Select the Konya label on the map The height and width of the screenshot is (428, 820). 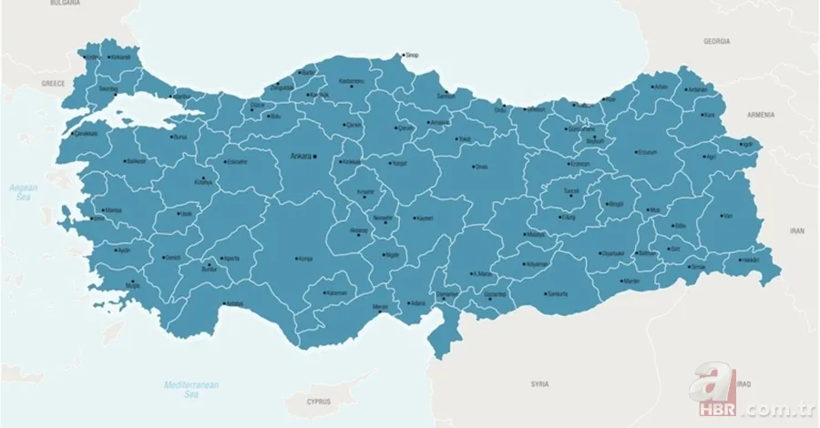[305, 259]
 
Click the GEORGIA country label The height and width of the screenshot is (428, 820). [716, 42]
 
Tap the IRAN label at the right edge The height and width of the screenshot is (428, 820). [797, 231]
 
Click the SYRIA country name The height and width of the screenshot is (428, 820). [539, 384]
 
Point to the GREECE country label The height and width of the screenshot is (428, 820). [53, 82]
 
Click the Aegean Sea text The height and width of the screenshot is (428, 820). [22, 192]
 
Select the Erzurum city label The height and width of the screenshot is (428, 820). [646, 152]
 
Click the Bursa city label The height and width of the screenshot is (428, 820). [179, 137]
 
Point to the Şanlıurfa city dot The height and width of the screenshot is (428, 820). [544, 294]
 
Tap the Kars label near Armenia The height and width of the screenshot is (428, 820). [708, 116]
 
